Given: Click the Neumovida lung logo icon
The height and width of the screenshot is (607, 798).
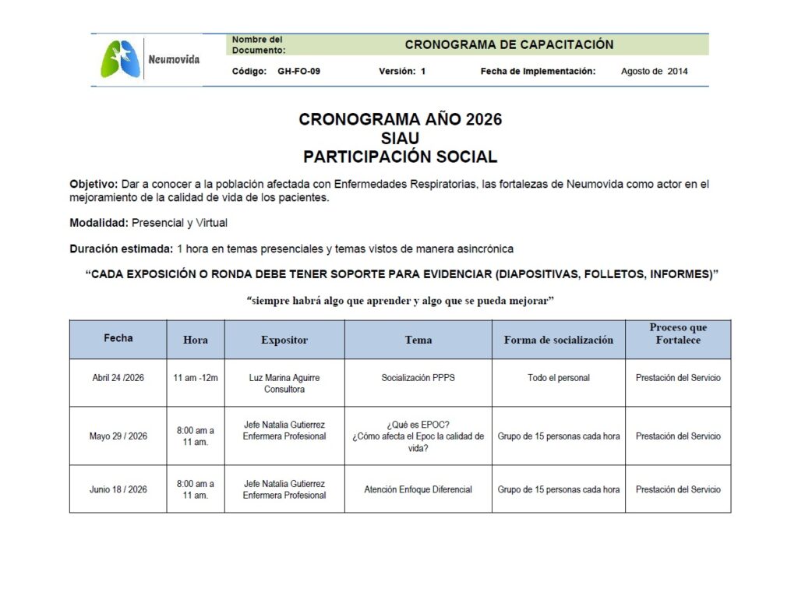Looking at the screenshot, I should pos(121,59).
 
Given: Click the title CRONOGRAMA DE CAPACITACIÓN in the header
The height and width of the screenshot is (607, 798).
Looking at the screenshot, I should pos(509,44).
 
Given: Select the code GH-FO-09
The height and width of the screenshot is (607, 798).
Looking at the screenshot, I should pos(298,71).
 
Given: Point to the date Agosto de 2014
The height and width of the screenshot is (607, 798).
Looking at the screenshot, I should pos(654,71).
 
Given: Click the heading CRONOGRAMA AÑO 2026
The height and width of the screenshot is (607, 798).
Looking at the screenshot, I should pos(400,119).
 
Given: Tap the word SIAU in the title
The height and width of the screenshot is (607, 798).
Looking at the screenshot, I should pos(400,138).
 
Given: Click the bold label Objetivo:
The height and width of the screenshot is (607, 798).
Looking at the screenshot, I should pos(93,184).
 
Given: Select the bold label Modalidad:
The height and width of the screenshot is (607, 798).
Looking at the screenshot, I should pos(99,223).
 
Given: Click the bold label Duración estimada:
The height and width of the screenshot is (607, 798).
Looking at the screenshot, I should pos(121,249).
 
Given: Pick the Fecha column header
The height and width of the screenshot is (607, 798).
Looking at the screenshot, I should pos(118,338).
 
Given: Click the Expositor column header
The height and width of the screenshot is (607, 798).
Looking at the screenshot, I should pos(284,340).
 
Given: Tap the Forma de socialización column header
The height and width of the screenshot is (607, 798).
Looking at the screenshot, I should pos(558,340).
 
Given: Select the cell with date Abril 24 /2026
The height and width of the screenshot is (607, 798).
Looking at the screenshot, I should pos(118,378).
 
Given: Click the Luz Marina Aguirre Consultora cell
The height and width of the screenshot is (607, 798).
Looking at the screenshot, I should pos(284,383).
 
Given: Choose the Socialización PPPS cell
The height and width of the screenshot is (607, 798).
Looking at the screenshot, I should pos(418,378).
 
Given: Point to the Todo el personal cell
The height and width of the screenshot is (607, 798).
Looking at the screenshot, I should pos(558,378).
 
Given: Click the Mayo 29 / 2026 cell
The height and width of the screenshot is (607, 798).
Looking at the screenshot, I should pos(118,436).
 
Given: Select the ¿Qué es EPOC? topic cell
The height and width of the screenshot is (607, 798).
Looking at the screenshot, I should pos(418,436).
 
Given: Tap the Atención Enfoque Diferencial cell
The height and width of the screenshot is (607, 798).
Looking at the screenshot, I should pos(418,489).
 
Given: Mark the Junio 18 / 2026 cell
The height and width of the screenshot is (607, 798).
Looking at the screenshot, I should pos(118,489).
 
